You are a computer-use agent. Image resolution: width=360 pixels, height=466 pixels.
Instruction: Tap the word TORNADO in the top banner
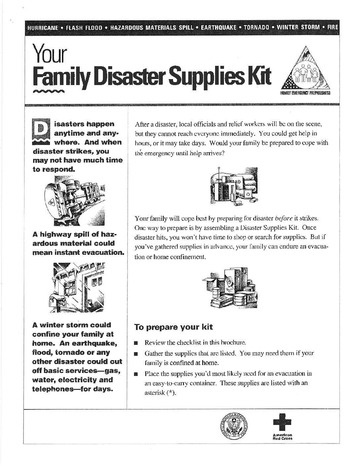[256, 27]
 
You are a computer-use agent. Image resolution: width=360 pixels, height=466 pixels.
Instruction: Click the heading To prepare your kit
[173, 327]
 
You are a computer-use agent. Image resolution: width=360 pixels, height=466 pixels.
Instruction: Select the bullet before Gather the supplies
[136, 354]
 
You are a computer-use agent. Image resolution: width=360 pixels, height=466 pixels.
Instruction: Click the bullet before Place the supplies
[136, 374]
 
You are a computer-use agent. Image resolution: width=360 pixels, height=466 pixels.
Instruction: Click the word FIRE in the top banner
[332, 27]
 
